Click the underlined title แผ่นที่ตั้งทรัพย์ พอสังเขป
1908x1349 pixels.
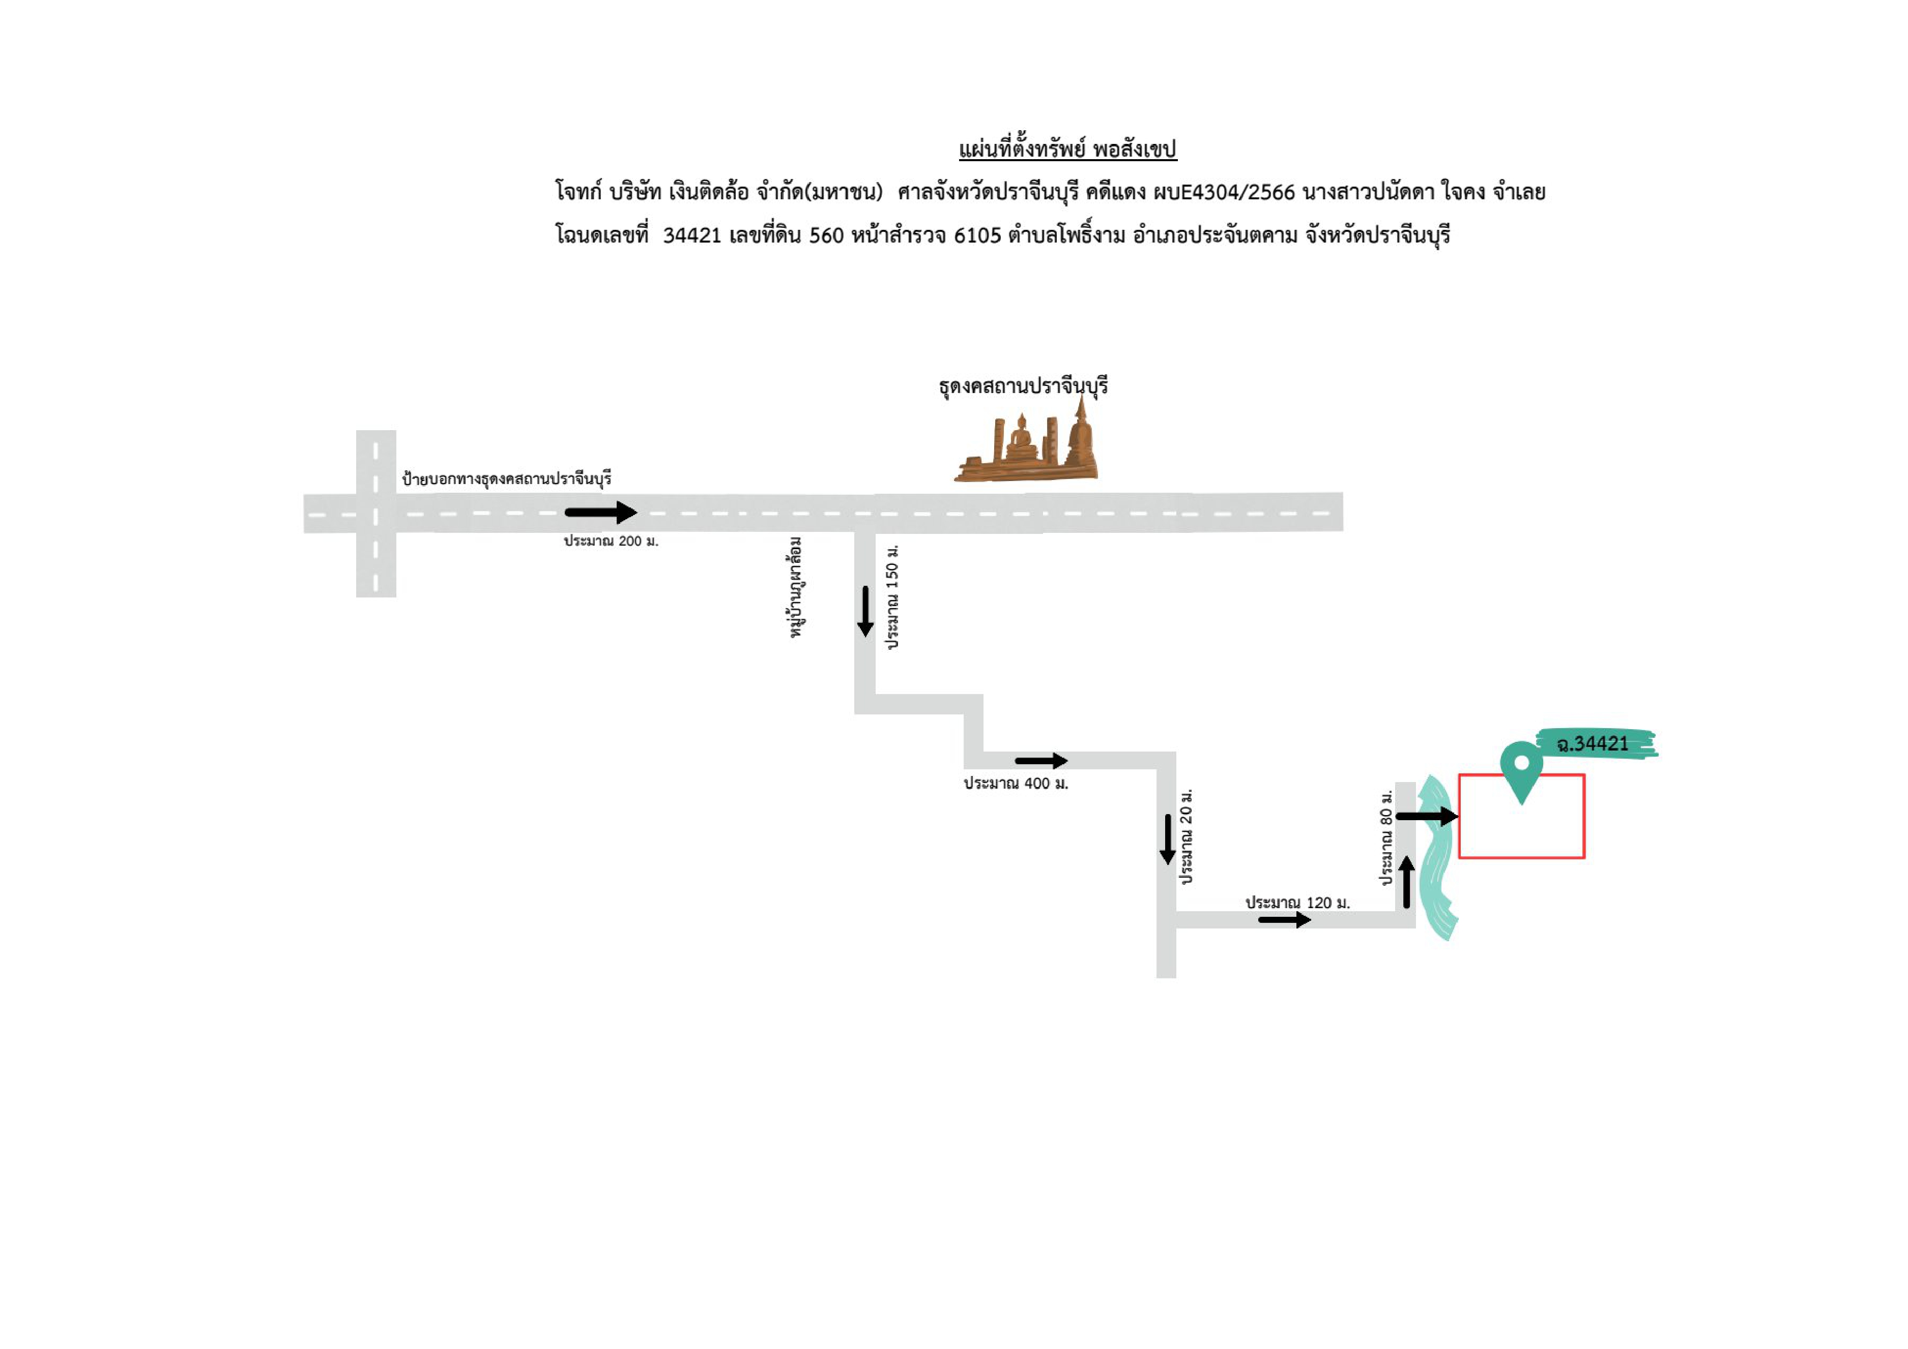pos(1068,149)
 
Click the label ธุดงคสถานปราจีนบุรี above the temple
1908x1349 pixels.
pos(1023,387)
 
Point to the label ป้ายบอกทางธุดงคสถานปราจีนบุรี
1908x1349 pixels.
pos(507,479)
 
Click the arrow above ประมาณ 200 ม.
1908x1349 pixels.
pos(601,513)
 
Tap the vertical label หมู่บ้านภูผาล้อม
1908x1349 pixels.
pos(796,587)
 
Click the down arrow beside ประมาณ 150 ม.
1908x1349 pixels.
pos(865,611)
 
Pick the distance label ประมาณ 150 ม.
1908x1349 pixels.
pos(892,596)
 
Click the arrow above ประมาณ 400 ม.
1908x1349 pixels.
pos(1041,760)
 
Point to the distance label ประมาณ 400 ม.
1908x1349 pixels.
pos(1016,784)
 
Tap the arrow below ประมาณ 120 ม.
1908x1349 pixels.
pos(1285,920)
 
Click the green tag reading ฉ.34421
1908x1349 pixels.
pos(1594,743)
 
